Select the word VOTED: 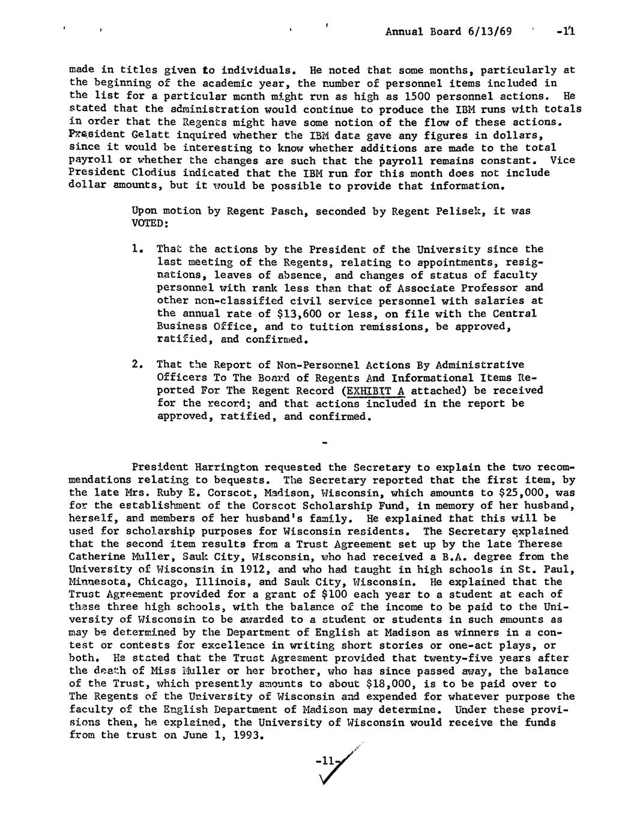click(149, 224)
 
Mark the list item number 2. click(136, 365)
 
